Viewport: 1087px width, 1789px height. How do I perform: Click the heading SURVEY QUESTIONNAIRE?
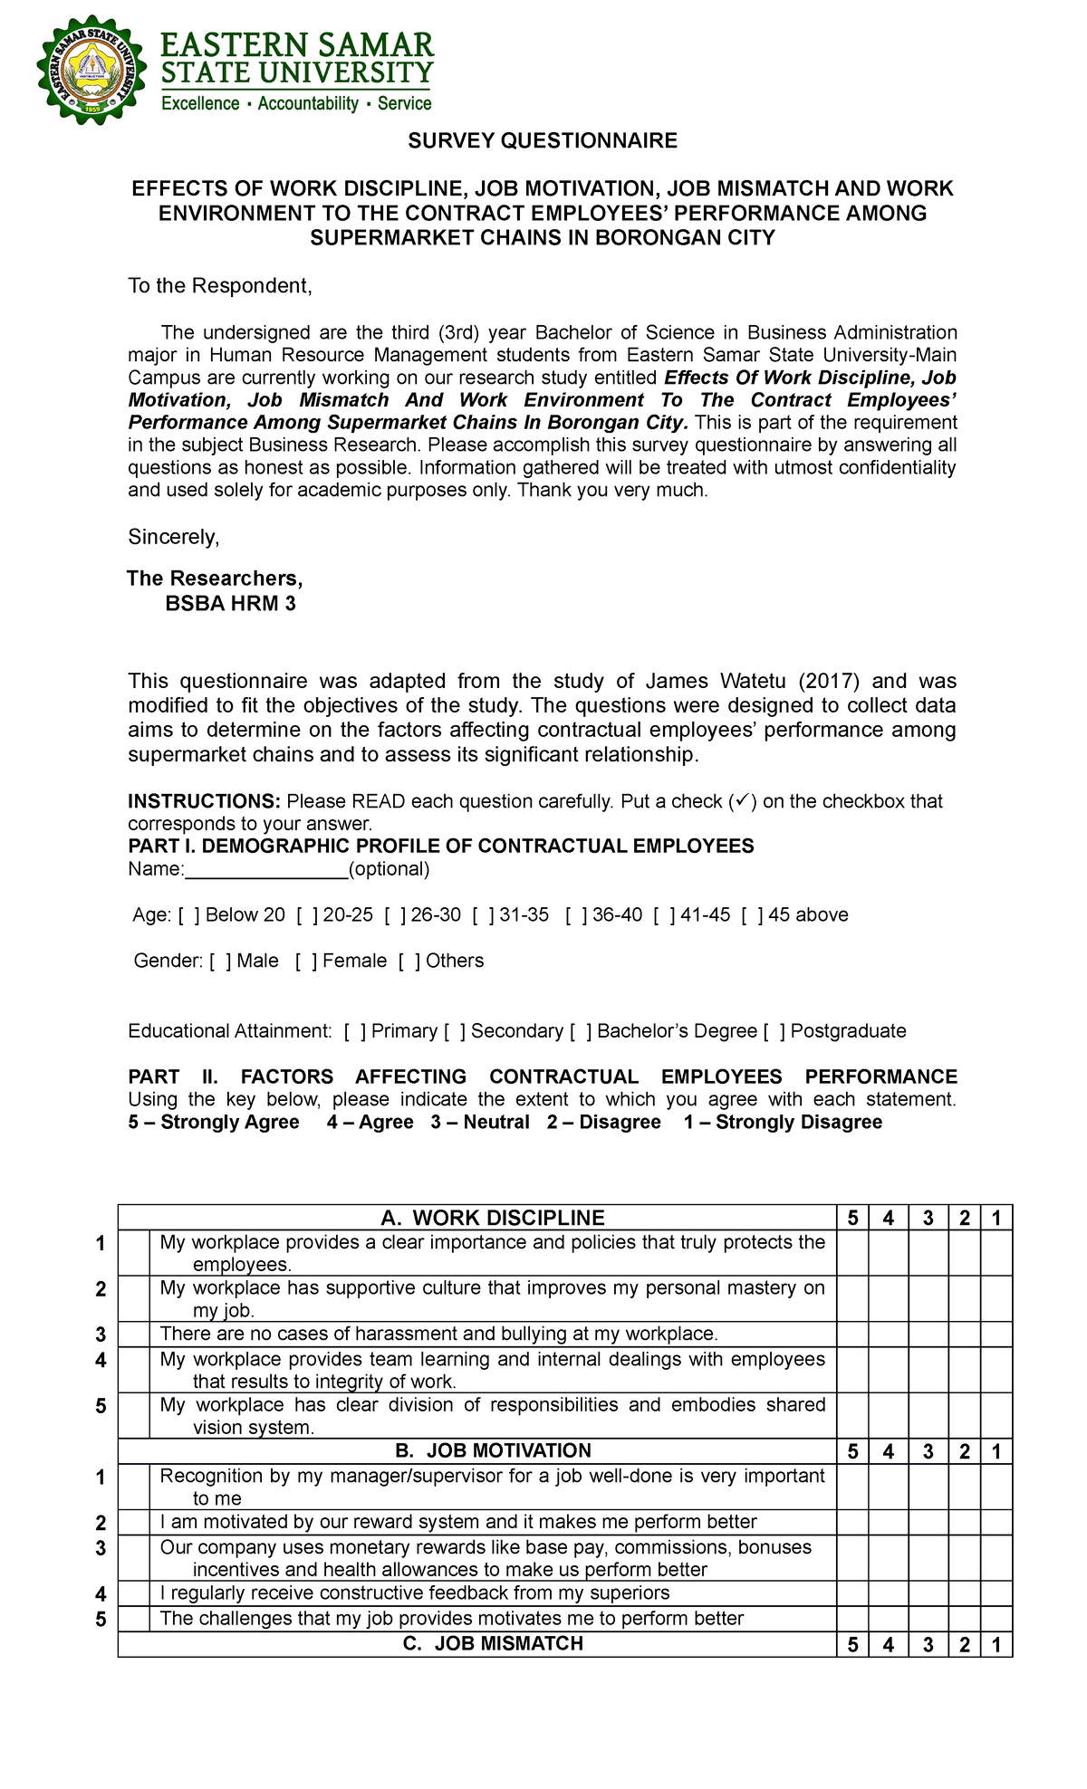[542, 140]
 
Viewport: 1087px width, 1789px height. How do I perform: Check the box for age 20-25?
[305, 915]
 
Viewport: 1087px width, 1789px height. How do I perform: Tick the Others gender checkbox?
[409, 961]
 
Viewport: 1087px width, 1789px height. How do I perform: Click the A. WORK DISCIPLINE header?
[493, 1218]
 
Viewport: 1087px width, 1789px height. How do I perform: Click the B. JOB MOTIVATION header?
[493, 1450]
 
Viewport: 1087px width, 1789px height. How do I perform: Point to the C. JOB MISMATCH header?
[493, 1643]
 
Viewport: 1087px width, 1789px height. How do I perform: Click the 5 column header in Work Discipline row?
[852, 1219]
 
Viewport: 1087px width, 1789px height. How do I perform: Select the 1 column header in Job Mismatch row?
[996, 1645]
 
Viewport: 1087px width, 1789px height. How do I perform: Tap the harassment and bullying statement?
[438, 1334]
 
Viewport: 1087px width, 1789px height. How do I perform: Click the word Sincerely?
[173, 538]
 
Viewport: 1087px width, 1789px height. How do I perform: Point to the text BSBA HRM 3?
[230, 604]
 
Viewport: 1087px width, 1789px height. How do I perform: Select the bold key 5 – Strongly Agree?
[214, 1123]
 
